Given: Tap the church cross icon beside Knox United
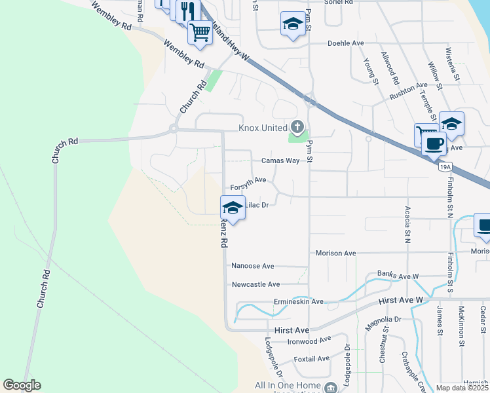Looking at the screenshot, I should click(x=298, y=126).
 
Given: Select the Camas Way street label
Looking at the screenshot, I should click(x=280, y=160).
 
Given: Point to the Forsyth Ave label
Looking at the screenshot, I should click(x=248, y=179).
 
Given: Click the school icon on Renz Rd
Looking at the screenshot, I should click(x=232, y=208).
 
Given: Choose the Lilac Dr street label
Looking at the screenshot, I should click(x=257, y=205).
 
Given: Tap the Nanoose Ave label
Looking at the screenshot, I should click(x=253, y=266).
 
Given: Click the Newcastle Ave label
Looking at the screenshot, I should click(x=255, y=284).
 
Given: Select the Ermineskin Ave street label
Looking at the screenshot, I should click(x=299, y=302).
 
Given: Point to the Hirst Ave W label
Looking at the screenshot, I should click(x=402, y=300).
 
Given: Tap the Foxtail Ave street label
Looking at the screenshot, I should click(x=312, y=359).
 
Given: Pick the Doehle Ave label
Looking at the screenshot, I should click(x=345, y=43).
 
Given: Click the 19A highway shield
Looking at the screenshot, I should click(x=445, y=168).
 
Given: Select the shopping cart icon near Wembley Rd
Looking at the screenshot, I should click(x=200, y=32).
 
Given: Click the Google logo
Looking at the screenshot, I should click(x=22, y=385).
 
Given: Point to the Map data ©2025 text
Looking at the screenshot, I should click(x=462, y=388).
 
